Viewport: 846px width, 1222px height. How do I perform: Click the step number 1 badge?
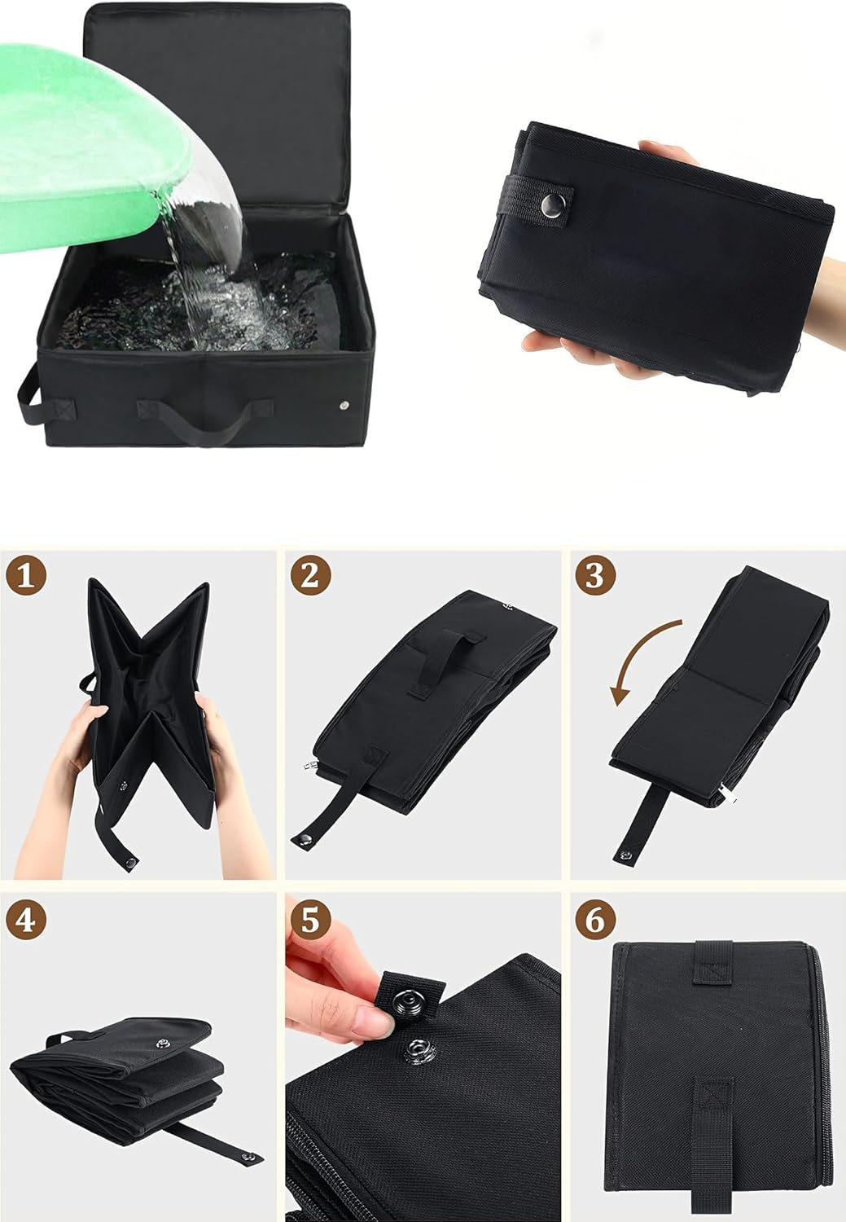pos(26,577)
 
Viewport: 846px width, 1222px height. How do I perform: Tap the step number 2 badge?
pos(310,577)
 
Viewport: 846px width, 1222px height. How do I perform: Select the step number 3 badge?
pos(595,577)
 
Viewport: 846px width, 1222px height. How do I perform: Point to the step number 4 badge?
pos(26,920)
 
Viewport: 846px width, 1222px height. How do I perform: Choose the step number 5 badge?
pos(310,920)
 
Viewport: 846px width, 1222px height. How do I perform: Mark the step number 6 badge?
pos(595,920)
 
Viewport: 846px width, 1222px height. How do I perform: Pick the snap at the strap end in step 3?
pos(626,854)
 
